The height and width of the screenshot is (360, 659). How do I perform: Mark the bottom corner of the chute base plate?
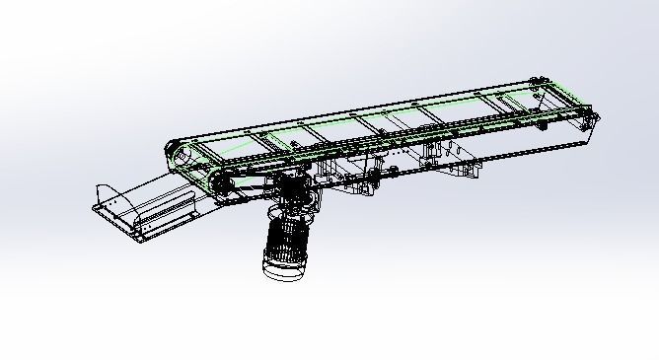coord(137,238)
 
